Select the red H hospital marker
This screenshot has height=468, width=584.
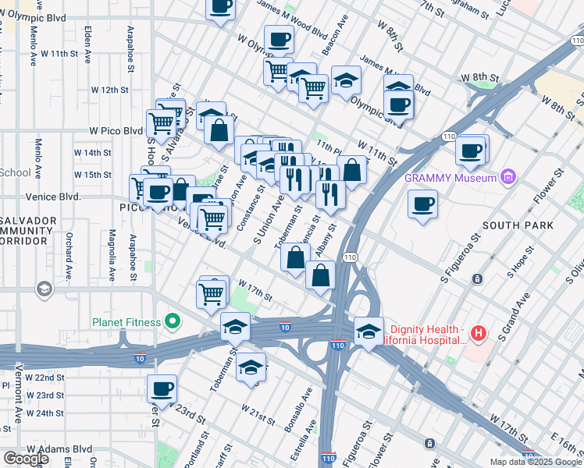click(x=479, y=335)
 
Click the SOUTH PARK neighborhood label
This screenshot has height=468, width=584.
click(x=518, y=225)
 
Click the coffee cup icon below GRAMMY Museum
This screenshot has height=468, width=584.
click(x=422, y=205)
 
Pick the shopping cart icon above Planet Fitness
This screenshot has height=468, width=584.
click(x=211, y=294)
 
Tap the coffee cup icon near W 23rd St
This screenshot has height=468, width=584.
click(x=162, y=388)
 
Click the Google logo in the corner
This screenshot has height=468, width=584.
click(x=26, y=459)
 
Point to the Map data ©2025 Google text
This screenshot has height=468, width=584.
click(x=536, y=462)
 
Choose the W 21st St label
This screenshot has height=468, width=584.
click(x=257, y=413)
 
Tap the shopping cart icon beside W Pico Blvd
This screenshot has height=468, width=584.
click(x=161, y=122)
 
